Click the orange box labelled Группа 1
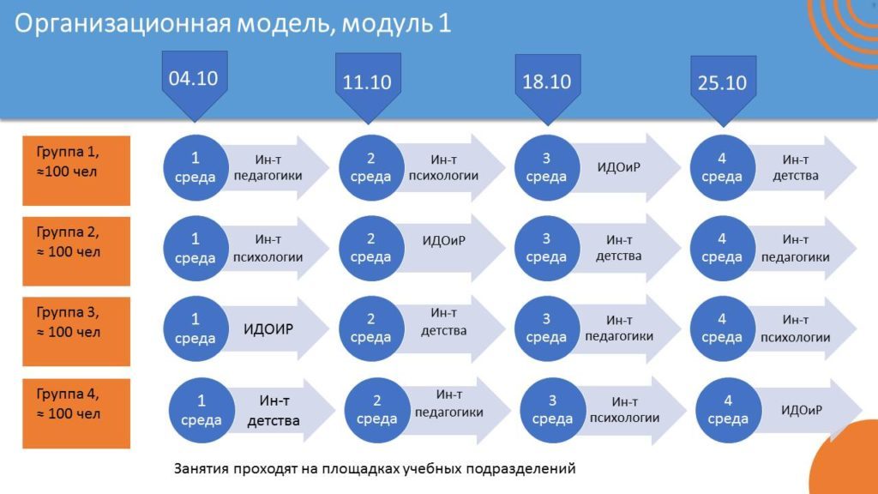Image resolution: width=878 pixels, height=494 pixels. pyautogui.click(x=76, y=171)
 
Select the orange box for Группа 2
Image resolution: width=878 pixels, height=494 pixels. pyautogui.click(x=76, y=251)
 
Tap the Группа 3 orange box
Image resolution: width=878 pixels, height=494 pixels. pyautogui.click(x=76, y=332)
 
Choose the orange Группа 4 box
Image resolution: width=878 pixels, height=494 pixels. pyautogui.click(x=76, y=413)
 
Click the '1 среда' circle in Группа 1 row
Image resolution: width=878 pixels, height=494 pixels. pyautogui.click(x=195, y=167)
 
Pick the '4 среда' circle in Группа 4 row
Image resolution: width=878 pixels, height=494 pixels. pyautogui.click(x=728, y=410)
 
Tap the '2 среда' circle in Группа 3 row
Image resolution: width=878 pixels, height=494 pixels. pyautogui.click(x=370, y=328)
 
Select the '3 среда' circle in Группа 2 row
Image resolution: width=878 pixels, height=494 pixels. pyautogui.click(x=546, y=248)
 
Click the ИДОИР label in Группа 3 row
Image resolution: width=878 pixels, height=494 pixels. pyautogui.click(x=268, y=328)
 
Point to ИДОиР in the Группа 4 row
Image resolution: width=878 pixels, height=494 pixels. pyautogui.click(x=802, y=410)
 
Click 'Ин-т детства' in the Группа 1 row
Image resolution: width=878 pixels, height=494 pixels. pyautogui.click(x=795, y=167)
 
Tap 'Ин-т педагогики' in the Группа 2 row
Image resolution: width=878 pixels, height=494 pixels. pyautogui.click(x=795, y=248)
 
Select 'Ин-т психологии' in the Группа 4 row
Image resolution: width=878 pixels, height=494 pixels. pyautogui.click(x=624, y=409)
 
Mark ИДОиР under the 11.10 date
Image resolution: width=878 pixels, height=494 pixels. pyautogui.click(x=444, y=241)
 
